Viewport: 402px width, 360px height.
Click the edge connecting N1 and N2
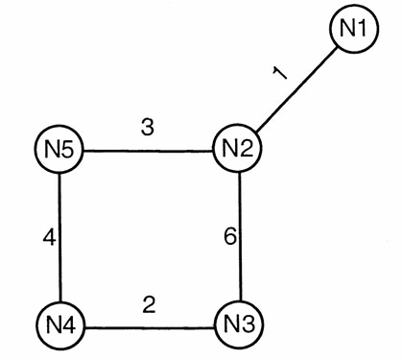tap(296, 89)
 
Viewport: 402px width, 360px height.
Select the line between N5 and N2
tap(148, 151)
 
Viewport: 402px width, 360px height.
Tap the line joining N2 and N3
tap(240, 236)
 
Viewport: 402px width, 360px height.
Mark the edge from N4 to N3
tap(150, 327)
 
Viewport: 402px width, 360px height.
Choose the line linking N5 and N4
tap(59, 237)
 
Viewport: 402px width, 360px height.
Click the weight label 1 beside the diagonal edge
tap(280, 73)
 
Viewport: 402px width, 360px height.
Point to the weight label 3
tap(148, 127)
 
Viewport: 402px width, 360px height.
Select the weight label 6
tap(230, 237)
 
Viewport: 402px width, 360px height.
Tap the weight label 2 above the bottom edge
tap(149, 304)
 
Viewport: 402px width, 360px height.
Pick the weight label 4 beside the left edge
tap(49, 238)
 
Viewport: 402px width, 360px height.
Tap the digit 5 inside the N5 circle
tap(68, 150)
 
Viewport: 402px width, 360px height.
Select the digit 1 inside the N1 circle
tap(362, 28)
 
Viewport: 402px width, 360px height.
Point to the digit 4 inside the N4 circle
tap(69, 325)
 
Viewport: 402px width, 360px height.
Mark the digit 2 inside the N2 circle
tap(247, 149)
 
